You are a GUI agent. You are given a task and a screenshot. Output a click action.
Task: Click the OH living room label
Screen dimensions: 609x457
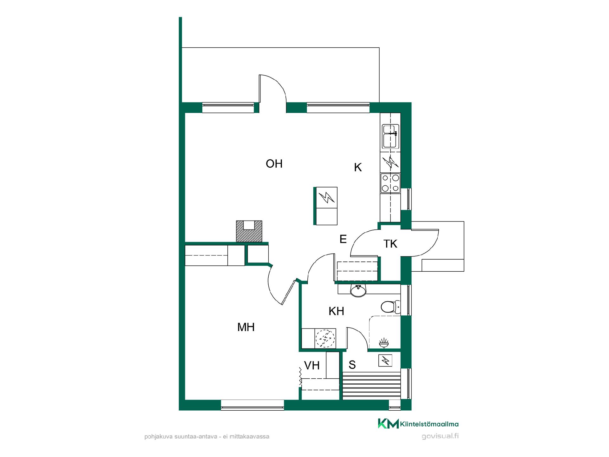274,164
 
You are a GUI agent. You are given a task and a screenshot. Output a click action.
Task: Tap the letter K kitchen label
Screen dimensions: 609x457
358,167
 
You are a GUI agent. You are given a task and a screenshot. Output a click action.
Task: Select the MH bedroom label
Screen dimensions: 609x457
246,327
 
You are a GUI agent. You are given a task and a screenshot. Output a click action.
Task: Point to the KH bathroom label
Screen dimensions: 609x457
336,311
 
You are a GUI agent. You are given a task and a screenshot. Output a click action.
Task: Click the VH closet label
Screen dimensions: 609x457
312,366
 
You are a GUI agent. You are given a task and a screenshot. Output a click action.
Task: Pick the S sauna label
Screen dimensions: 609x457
352,365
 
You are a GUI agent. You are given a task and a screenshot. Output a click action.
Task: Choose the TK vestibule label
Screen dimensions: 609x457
390,244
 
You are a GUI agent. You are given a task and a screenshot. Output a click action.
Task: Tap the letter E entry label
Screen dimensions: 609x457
343,239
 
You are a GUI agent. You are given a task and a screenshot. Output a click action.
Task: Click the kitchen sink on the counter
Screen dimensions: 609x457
390,136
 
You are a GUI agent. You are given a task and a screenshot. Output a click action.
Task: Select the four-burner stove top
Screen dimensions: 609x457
390,183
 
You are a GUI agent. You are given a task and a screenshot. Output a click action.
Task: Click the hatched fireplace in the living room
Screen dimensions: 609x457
249,231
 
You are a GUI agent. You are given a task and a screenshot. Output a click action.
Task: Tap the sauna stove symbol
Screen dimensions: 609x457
386,361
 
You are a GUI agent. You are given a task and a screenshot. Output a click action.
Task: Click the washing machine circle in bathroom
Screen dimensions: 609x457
325,339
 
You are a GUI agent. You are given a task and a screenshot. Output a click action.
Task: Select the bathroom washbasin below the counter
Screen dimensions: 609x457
358,291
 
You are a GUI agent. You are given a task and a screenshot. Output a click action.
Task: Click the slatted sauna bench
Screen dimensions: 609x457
371,386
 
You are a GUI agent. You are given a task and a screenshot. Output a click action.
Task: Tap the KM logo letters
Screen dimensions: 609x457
388,423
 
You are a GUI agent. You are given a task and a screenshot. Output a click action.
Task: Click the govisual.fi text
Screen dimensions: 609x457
440,436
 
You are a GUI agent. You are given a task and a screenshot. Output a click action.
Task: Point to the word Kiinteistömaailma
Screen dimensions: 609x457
429,424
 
